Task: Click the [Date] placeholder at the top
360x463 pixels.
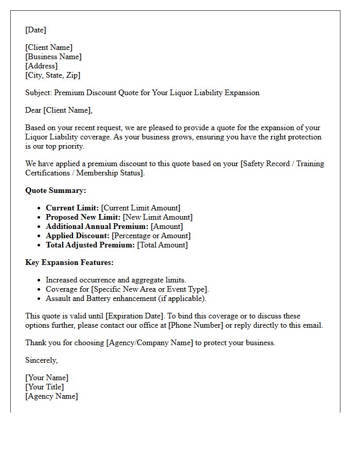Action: click(x=35, y=30)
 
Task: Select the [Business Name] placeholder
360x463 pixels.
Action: click(x=53, y=57)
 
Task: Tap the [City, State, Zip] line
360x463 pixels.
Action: click(x=52, y=75)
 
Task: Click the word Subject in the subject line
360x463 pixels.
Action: click(x=38, y=93)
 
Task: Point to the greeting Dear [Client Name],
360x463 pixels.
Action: click(x=59, y=110)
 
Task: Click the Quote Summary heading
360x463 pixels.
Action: click(x=56, y=190)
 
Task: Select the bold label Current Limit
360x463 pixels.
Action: click(x=72, y=208)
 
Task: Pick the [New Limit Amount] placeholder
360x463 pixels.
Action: click(x=157, y=217)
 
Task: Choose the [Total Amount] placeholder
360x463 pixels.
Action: click(x=162, y=245)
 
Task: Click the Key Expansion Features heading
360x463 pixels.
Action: click(x=69, y=262)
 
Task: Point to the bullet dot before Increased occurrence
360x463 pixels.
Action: click(x=39, y=280)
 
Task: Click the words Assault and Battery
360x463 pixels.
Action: click(x=82, y=298)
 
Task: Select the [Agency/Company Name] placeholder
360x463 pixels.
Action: click(x=149, y=343)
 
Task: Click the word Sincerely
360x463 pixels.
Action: click(x=41, y=360)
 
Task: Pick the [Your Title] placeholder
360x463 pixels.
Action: click(x=45, y=387)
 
